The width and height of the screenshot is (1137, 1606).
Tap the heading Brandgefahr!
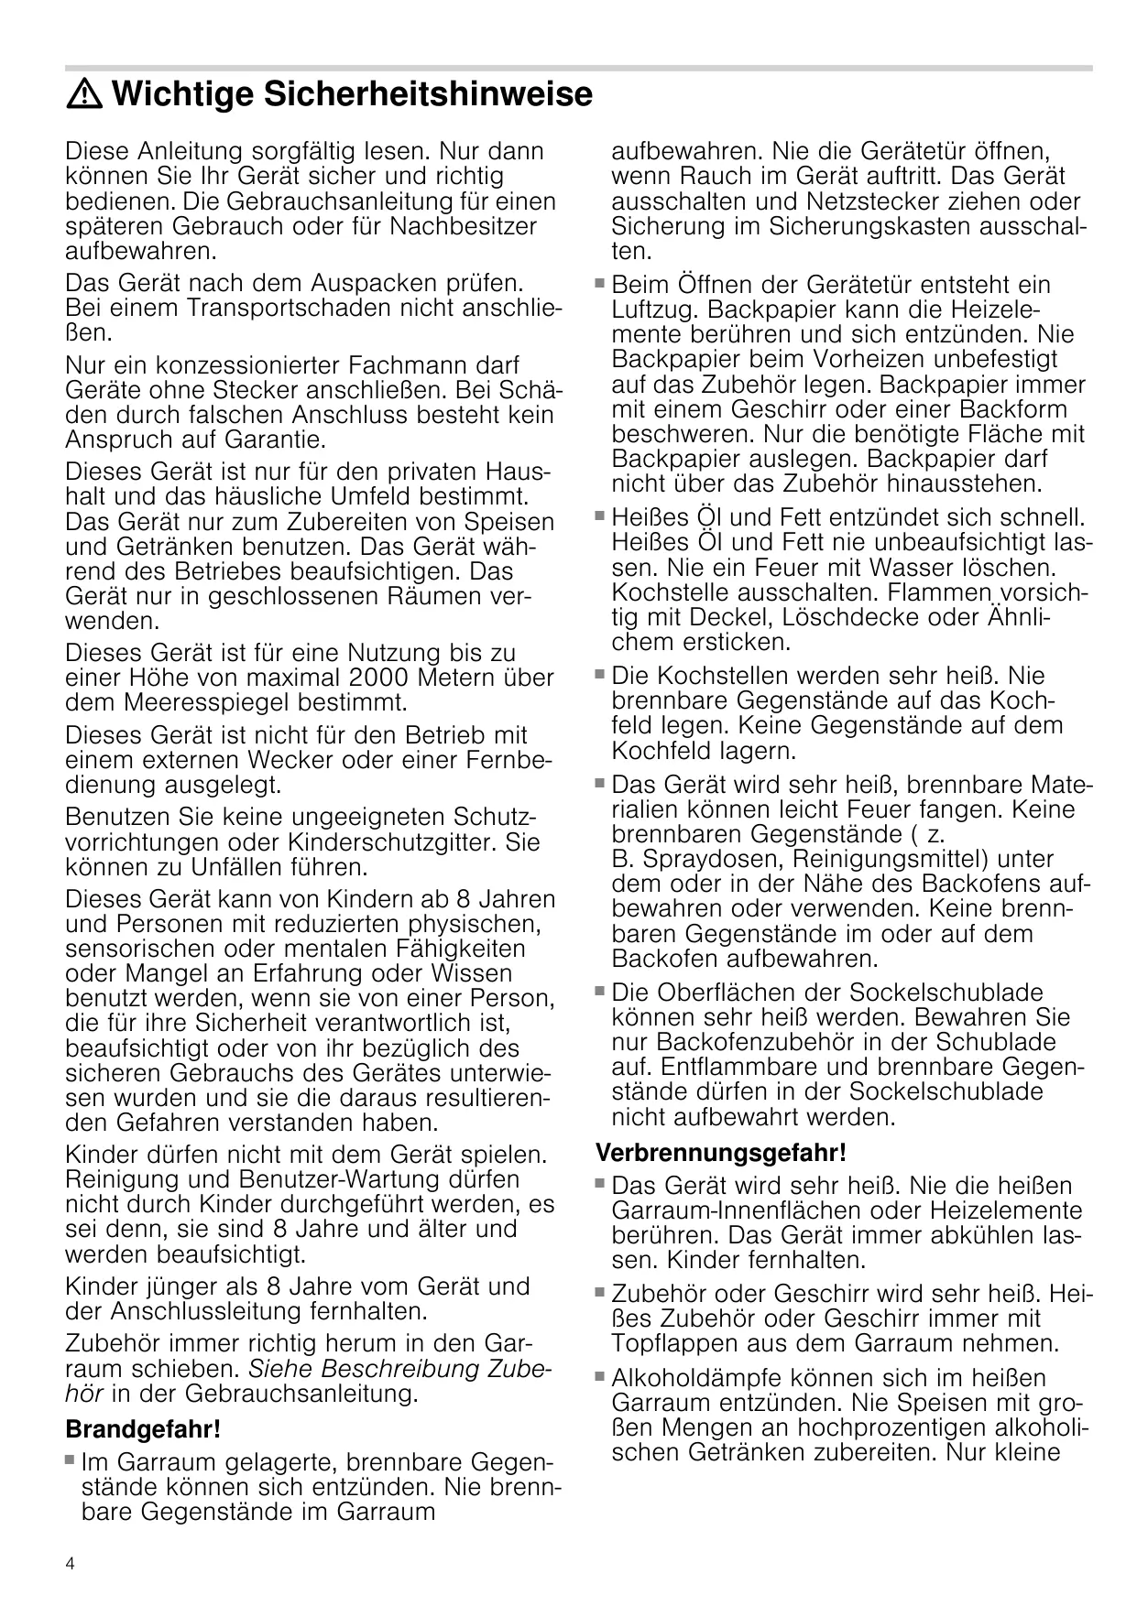point(143,1428)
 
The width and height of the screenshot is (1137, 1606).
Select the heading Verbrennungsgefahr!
point(720,1151)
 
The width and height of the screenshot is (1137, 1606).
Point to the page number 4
point(70,1564)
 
